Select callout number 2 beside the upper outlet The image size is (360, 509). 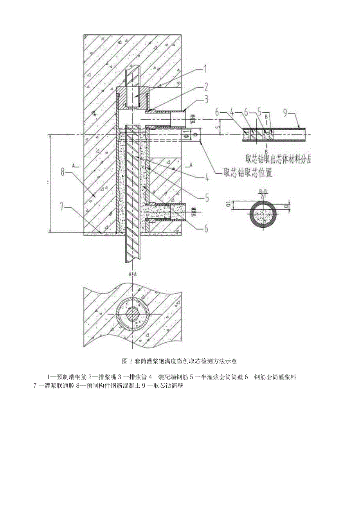point(205,86)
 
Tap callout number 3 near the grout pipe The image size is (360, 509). point(205,100)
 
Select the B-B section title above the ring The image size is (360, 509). point(263,192)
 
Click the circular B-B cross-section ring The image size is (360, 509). point(263,213)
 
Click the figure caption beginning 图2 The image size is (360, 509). point(180,360)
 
